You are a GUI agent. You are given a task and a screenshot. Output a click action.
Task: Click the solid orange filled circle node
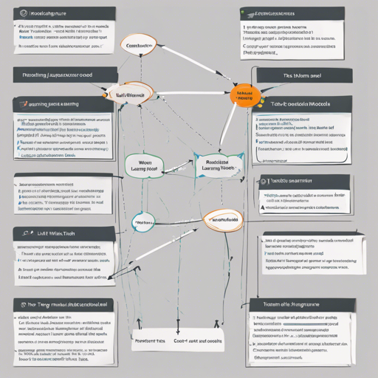click(x=243, y=96)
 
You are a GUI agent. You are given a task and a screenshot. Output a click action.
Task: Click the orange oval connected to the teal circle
click(x=222, y=220)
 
